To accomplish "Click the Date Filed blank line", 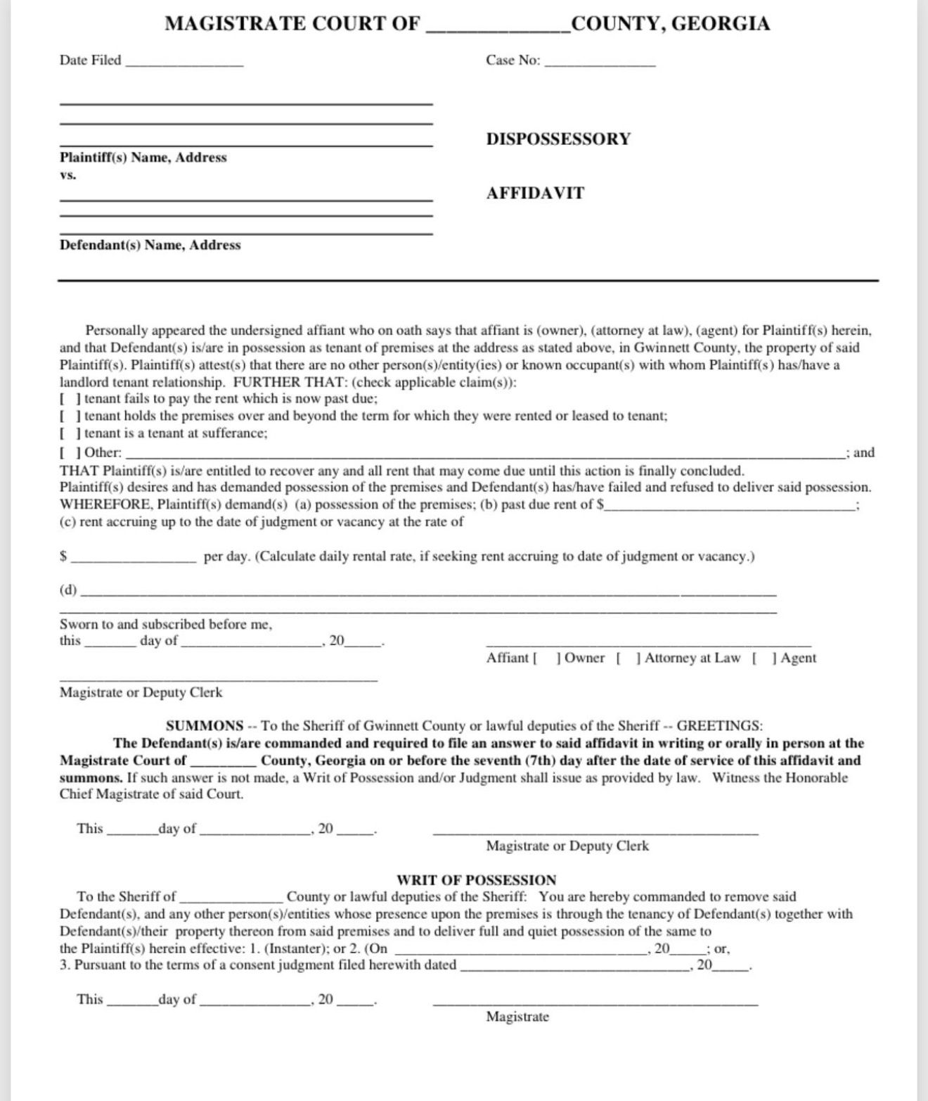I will (184, 61).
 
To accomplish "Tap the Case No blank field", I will (600, 61).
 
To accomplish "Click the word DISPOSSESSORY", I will (558, 139).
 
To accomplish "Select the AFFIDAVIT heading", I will (535, 193).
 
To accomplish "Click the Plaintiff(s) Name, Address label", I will (143, 158).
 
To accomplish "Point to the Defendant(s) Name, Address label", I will (150, 246).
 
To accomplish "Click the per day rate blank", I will (134, 557).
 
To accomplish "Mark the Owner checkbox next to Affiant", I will (547, 658).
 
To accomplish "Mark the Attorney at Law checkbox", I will (628, 658).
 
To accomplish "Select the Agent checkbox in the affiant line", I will (763, 658).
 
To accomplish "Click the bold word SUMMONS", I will (205, 726).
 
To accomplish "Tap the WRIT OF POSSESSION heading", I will (476, 880).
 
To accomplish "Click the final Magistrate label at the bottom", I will (517, 1017).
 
